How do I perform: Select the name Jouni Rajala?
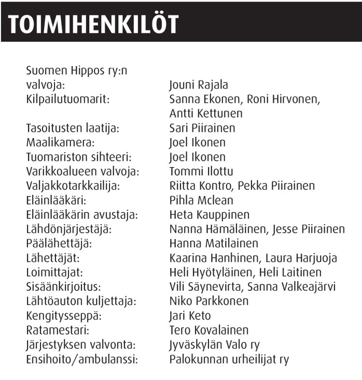point(199,85)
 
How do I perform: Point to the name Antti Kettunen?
point(206,114)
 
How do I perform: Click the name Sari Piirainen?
point(202,128)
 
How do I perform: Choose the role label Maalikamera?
point(58,143)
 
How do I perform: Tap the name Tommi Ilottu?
point(201,171)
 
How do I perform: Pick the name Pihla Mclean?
point(201,200)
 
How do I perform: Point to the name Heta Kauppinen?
point(209,215)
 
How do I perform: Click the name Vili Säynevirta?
point(207,287)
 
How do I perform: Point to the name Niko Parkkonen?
point(209,301)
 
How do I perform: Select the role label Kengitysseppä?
point(61,316)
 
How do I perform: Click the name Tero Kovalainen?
point(209,330)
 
